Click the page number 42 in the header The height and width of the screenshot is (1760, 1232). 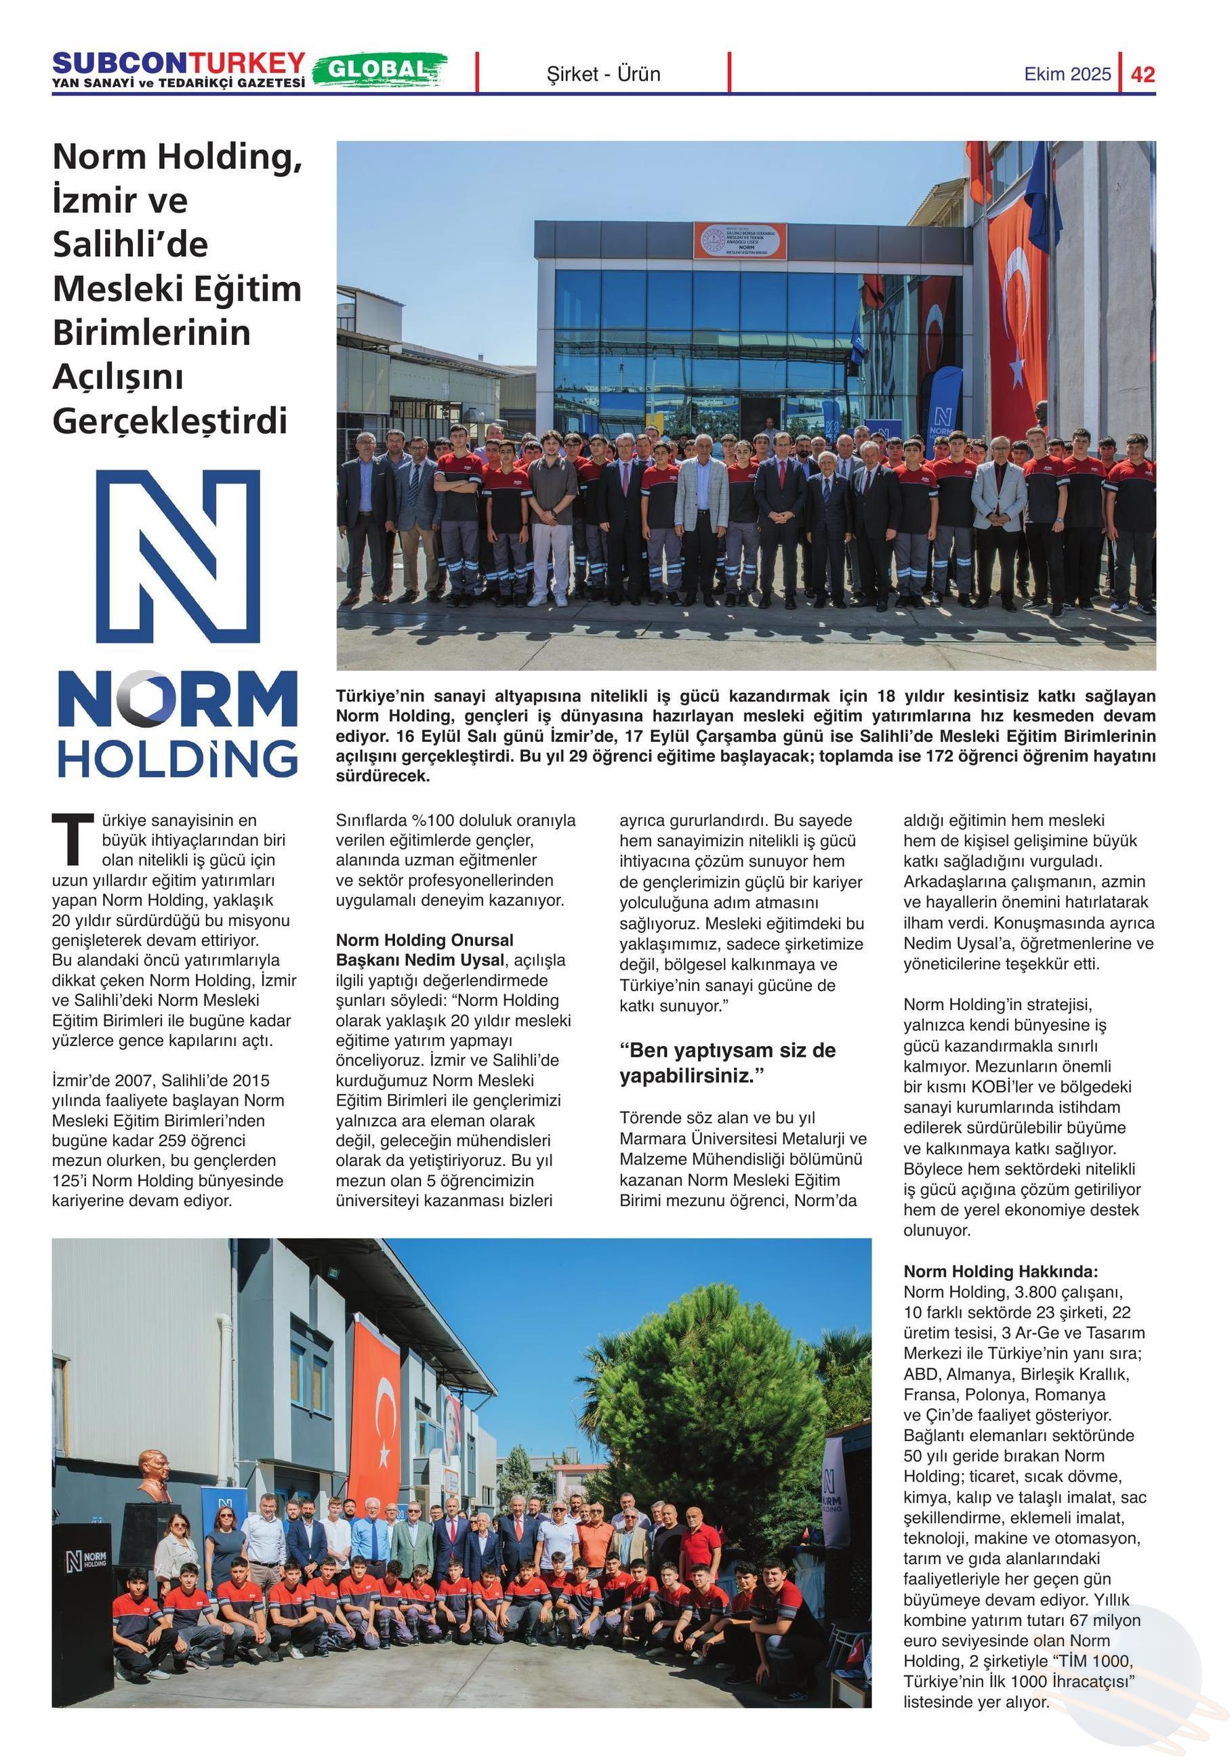pyautogui.click(x=1143, y=75)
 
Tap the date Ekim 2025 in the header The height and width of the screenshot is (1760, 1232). pyautogui.click(x=1067, y=75)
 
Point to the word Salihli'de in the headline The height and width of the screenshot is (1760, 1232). pyautogui.click(x=130, y=245)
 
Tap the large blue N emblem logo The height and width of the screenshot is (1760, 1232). pyautogui.click(x=178, y=556)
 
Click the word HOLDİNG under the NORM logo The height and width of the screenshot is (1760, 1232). pyautogui.click(x=178, y=759)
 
